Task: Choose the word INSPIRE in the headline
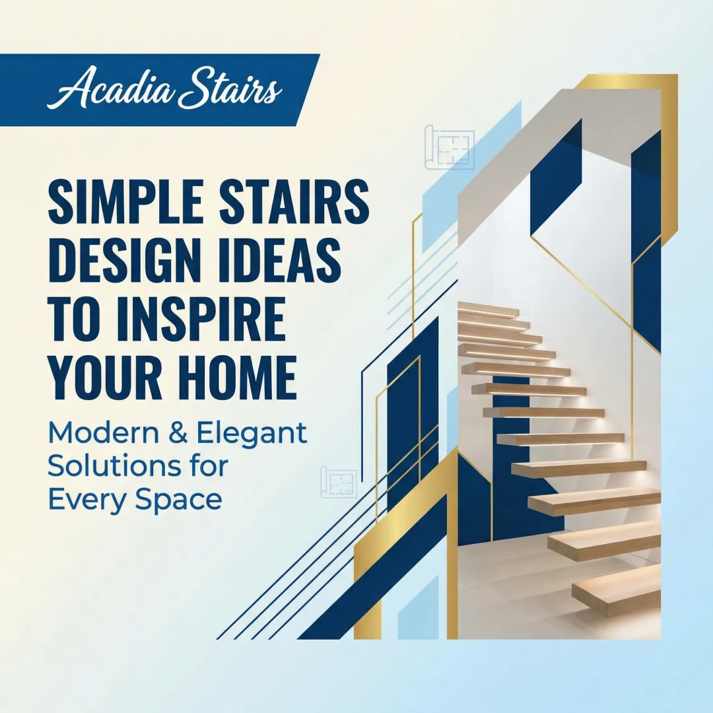coord(197,318)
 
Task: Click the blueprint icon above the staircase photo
coord(449,147)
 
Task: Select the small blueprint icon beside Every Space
coord(338,482)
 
